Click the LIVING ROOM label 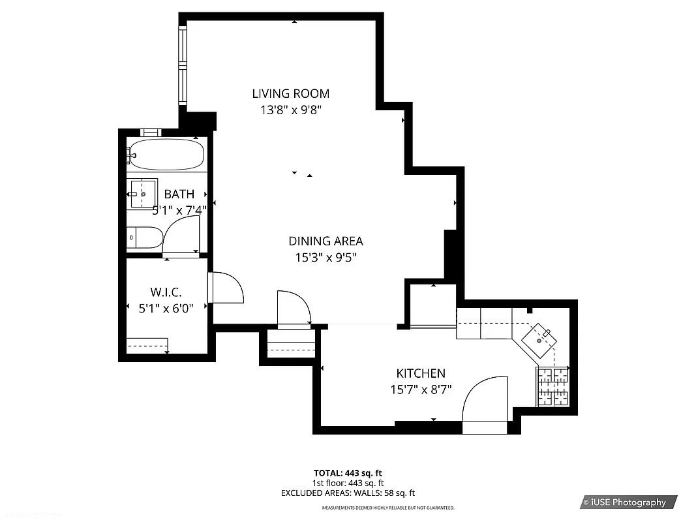click(290, 93)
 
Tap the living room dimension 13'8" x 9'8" click(290, 110)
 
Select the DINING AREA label click(325, 241)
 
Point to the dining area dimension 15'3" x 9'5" click(325, 258)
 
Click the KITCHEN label click(421, 373)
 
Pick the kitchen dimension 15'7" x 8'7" click(421, 390)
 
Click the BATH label click(179, 194)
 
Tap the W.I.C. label click(166, 292)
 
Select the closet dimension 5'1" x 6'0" click(166, 308)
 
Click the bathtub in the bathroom click(166, 155)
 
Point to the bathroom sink click(142, 193)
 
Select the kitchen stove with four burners click(552, 386)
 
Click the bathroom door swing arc click(181, 236)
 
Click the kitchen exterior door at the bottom click(484, 405)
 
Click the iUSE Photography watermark click(628, 502)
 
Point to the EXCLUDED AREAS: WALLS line click(348, 493)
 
